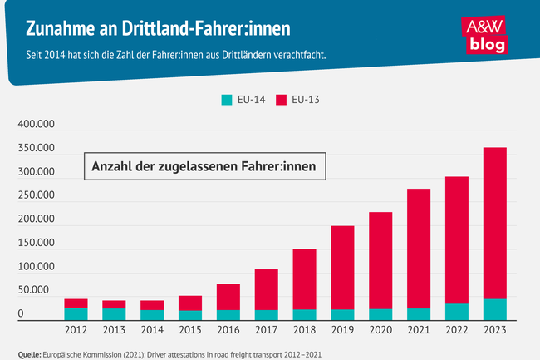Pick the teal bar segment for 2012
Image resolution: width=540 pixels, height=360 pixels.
(x=76, y=313)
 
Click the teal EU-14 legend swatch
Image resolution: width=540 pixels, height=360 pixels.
(x=226, y=100)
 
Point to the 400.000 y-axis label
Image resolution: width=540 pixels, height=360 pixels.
(x=36, y=125)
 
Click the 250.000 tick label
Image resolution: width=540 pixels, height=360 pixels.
(x=36, y=196)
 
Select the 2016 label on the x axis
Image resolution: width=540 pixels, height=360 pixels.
(x=228, y=331)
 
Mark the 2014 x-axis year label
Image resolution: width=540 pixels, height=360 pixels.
(x=152, y=331)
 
